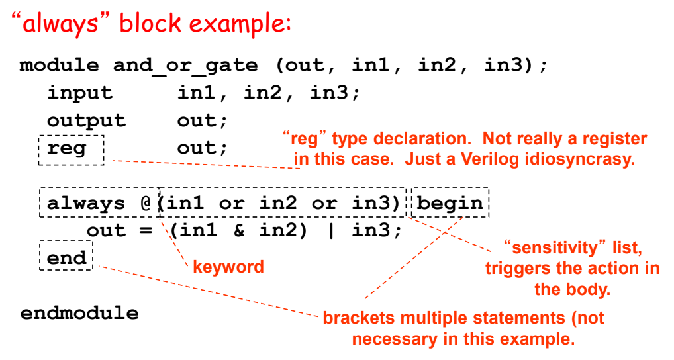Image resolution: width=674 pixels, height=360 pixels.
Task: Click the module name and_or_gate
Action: [x=185, y=66]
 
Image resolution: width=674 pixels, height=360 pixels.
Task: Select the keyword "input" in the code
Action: [x=79, y=93]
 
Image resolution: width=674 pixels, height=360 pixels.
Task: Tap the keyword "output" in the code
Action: [x=86, y=120]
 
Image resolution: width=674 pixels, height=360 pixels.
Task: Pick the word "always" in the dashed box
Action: [x=86, y=202]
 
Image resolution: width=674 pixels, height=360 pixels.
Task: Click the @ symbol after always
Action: [x=147, y=202]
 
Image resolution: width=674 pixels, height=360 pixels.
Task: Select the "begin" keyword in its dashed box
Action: [x=450, y=202]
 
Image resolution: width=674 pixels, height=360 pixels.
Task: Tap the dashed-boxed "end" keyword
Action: [x=66, y=257]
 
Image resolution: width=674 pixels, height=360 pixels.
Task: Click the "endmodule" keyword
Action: [x=79, y=312]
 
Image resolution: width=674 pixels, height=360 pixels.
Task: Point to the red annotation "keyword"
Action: [x=228, y=267]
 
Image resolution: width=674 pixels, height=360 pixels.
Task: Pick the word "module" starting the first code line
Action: [x=60, y=66]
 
